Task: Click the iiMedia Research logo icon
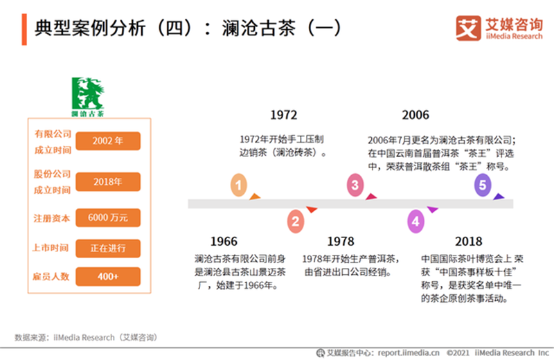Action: pos(468,28)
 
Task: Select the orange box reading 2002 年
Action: pos(108,141)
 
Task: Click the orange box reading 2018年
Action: pos(108,182)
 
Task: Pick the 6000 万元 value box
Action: pos(108,218)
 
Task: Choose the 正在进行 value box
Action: pos(108,248)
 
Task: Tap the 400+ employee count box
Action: pos(108,276)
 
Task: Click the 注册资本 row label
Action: pos(52,218)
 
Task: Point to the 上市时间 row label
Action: pos(52,248)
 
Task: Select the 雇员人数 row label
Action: pos(52,276)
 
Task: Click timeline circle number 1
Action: pos(238,186)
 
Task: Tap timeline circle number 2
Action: pos(296,222)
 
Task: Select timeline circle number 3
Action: pos(355,185)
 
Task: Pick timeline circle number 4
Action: pos(415,222)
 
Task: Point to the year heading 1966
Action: pos(224,242)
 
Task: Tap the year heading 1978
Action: pos(341,242)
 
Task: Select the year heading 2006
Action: pos(415,115)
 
